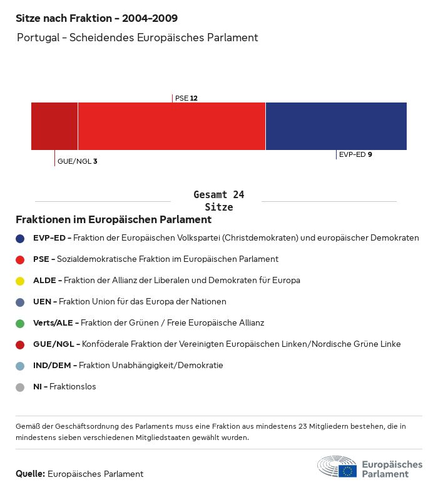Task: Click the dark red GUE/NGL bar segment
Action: tap(54, 126)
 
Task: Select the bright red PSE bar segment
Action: tap(171, 126)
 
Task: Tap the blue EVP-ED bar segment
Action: tap(336, 126)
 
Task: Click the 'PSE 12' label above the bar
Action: tap(186, 98)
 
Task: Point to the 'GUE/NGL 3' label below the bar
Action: tap(77, 161)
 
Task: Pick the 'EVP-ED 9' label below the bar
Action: tap(355, 154)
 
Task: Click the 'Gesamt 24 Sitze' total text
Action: tap(218, 201)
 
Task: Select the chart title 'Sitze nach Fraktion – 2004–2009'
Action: tap(96, 19)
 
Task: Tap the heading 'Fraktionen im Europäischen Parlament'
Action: tap(113, 220)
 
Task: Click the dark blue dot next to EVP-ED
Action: tap(20, 238)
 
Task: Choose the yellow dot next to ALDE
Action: tap(20, 281)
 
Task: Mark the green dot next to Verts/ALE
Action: tap(20, 323)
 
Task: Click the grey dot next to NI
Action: tap(20, 387)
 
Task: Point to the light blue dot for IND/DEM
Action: tap(20, 366)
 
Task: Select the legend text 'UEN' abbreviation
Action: tap(42, 302)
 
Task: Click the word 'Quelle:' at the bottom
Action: tap(30, 474)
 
